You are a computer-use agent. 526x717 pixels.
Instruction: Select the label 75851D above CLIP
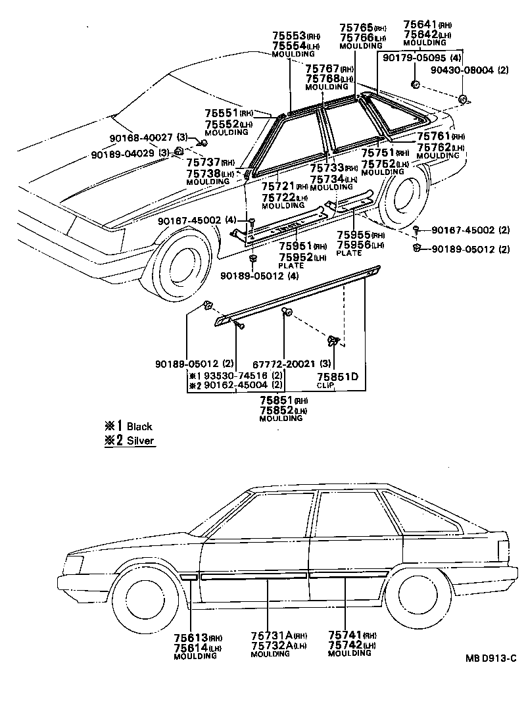(x=337, y=376)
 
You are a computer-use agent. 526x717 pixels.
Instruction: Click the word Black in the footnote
(x=139, y=426)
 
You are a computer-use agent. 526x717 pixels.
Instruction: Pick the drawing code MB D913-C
(x=488, y=658)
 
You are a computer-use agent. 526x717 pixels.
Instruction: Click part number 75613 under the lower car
(x=190, y=637)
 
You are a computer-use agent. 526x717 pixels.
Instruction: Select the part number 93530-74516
(x=237, y=376)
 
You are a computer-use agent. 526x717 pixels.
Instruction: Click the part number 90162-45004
(x=237, y=385)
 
